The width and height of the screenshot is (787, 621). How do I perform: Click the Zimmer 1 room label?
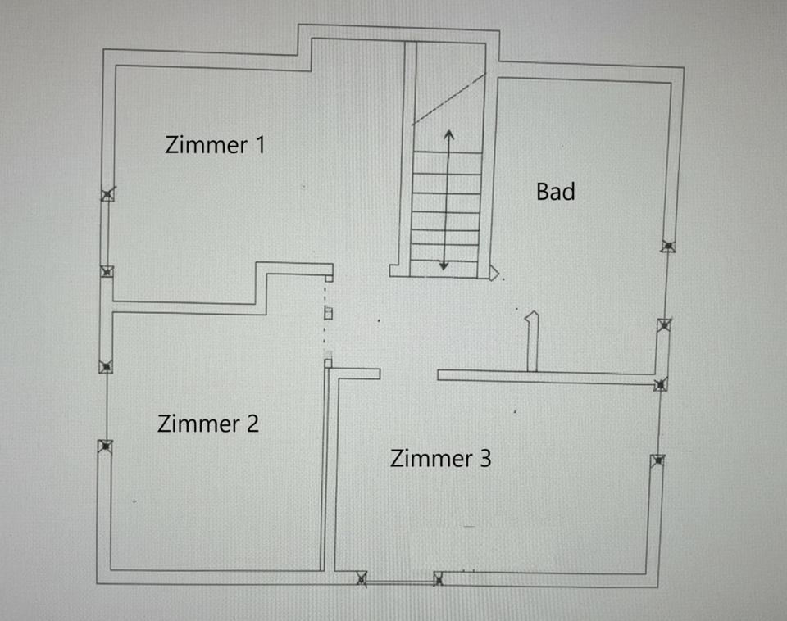pos(215,145)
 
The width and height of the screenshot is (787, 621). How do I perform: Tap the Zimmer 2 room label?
pos(208,424)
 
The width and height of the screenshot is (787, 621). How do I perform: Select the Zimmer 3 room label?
pos(441,459)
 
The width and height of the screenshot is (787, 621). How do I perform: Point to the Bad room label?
pos(556,192)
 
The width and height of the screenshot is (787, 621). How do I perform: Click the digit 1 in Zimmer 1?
pos(260,145)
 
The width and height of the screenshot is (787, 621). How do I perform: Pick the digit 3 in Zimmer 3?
pos(485,459)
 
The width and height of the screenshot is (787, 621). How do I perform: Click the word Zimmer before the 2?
pos(198,424)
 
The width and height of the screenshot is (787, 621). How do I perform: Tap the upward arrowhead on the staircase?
pos(448,134)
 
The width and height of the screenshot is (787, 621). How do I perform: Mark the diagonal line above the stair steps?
pos(449,99)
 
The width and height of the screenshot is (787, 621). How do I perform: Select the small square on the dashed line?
pos(328,314)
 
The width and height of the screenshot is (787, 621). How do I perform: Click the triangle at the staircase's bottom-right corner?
pos(494,274)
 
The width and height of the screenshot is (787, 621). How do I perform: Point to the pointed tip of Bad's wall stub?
pos(533,312)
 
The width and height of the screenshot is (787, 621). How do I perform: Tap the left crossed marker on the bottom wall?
pos(362,578)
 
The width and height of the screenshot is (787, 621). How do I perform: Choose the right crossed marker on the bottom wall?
pos(438,579)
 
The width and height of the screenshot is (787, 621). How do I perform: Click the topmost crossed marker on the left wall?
pos(107,194)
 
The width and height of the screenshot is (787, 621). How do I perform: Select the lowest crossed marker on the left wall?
pos(106,446)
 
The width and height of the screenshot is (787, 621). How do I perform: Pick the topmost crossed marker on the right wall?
pos(668,246)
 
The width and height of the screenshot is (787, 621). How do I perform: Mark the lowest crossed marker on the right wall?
pos(657,460)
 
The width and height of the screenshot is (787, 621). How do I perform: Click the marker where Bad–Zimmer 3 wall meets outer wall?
pos(661,385)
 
